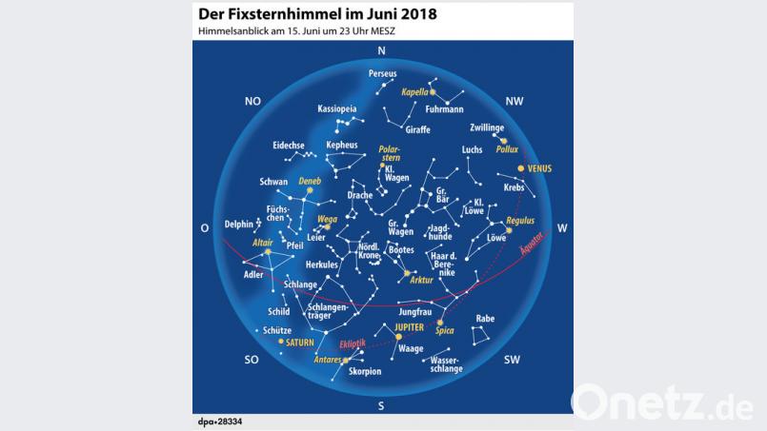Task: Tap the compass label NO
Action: pyautogui.click(x=252, y=101)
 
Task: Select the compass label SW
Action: pyautogui.click(x=512, y=360)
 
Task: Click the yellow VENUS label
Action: pyautogui.click(x=538, y=168)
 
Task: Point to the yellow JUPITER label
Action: pyautogui.click(x=409, y=326)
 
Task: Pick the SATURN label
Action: pyautogui.click(x=298, y=342)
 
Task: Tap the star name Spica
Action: pyautogui.click(x=445, y=331)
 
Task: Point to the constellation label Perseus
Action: pyautogui.click(x=383, y=73)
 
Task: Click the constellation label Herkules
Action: pyautogui.click(x=322, y=264)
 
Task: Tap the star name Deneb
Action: pyautogui.click(x=310, y=181)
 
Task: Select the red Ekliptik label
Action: pyautogui.click(x=353, y=345)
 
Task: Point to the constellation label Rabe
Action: pyautogui.click(x=485, y=319)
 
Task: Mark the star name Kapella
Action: pyautogui.click(x=415, y=92)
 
